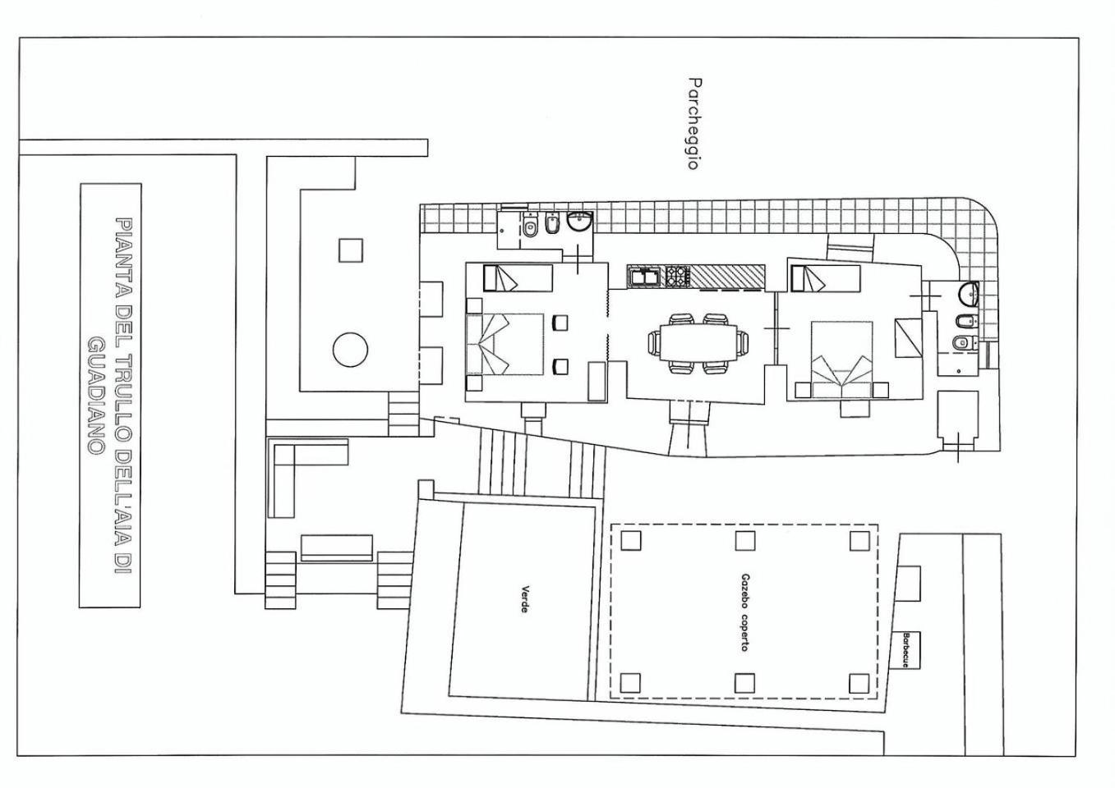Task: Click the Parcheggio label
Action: click(693, 123)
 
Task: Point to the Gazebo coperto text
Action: click(745, 612)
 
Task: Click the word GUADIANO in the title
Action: click(95, 395)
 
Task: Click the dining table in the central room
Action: click(698, 343)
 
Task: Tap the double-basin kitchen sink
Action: click(644, 277)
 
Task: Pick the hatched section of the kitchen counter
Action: click(726, 277)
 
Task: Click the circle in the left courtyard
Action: click(350, 350)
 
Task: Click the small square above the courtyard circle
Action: click(350, 250)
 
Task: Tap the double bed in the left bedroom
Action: click(505, 344)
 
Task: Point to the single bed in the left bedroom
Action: click(518, 278)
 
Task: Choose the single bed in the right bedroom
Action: click(825, 278)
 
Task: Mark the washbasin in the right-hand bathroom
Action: click(969, 295)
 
